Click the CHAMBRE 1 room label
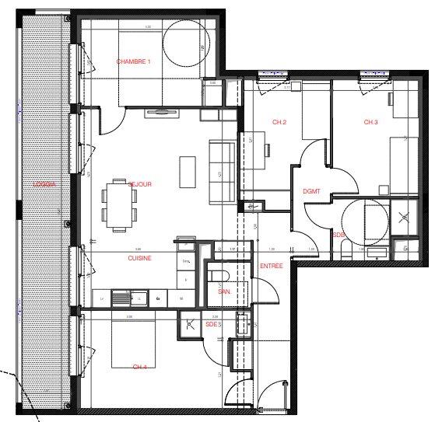[x=133, y=61]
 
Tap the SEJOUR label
[x=139, y=184]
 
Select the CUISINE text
[x=140, y=257]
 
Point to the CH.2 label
[x=280, y=123]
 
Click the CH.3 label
[x=370, y=122]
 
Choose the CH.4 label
[x=140, y=367]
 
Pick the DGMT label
[x=311, y=191]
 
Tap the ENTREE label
[x=270, y=266]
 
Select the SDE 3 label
[x=213, y=324]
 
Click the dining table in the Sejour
[x=120, y=204]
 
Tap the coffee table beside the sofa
[x=188, y=172]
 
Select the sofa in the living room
[x=223, y=170]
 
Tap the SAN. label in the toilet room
[x=224, y=291]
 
